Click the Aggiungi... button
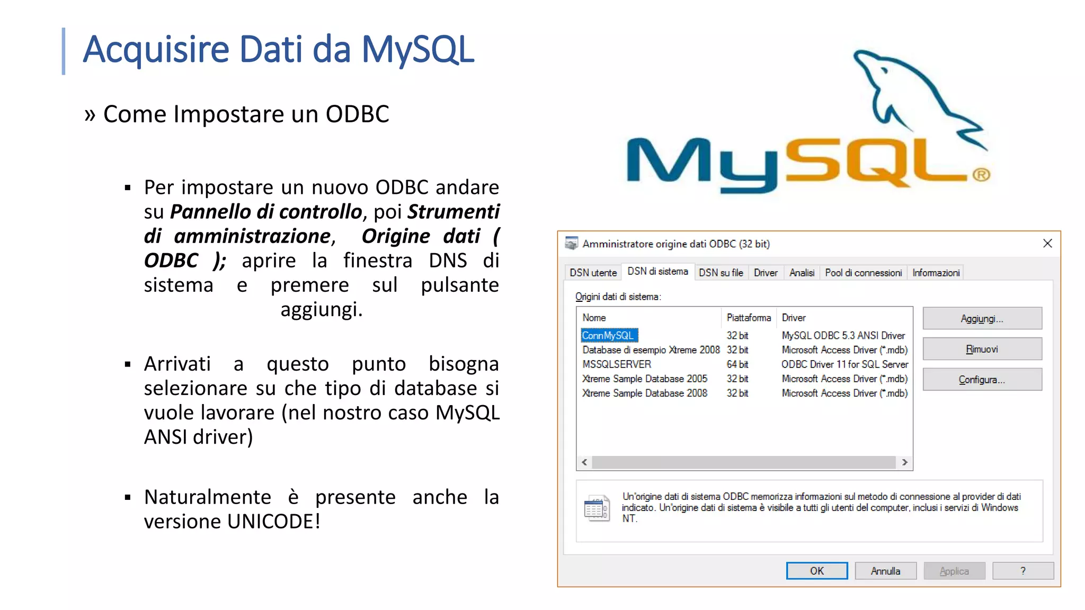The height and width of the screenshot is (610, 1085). tap(982, 318)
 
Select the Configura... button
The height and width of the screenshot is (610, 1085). tap(982, 380)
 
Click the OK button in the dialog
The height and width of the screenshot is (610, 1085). tap(816, 571)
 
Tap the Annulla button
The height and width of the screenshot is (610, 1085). tap(885, 571)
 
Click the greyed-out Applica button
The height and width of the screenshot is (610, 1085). tap(954, 571)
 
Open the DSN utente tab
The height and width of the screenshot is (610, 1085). tap(593, 273)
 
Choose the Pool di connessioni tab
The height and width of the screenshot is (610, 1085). tap(863, 273)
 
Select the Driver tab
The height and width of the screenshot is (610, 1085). tap(766, 273)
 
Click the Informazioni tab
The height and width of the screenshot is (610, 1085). tap(936, 273)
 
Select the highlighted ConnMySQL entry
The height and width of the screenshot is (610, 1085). tap(608, 336)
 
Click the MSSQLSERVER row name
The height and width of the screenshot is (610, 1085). tap(617, 364)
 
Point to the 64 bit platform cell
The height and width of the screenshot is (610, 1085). tap(737, 364)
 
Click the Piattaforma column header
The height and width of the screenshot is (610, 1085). tap(749, 318)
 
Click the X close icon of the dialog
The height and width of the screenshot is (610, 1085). tap(1047, 243)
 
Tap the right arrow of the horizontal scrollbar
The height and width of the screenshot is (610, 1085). tap(905, 462)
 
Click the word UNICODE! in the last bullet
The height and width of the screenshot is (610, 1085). tap(274, 522)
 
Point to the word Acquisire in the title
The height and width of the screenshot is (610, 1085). tap(156, 49)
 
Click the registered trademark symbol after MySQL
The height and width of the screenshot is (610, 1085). tap(981, 175)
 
